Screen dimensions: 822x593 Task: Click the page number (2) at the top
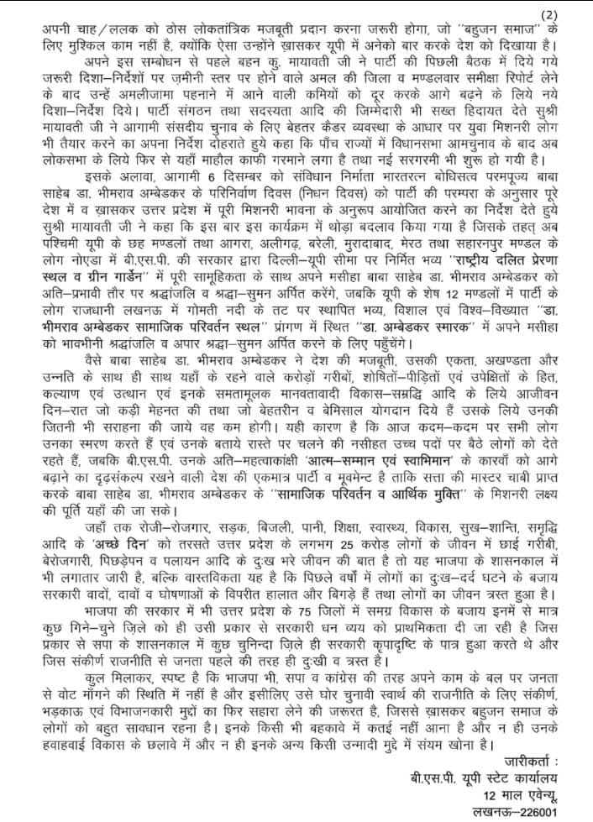(x=573, y=12)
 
